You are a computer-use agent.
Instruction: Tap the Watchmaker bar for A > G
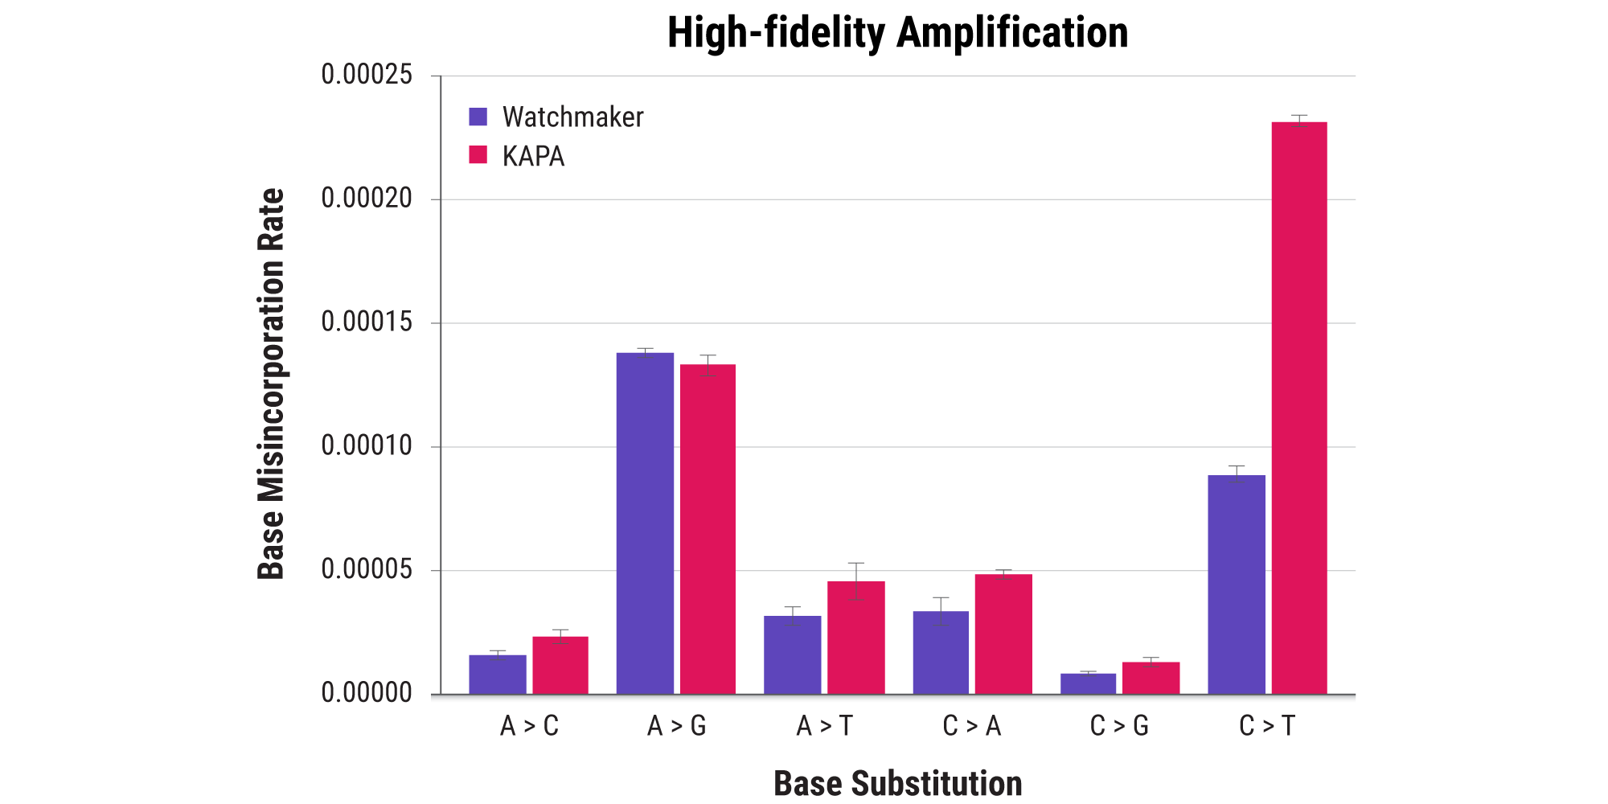click(645, 523)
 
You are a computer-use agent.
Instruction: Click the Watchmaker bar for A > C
click(498, 675)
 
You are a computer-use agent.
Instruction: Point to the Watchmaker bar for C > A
click(941, 653)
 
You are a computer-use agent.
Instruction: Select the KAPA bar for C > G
click(1151, 678)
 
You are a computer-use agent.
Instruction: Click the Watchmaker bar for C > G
click(1088, 683)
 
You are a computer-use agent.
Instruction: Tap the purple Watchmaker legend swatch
click(478, 117)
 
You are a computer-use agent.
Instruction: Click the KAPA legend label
click(533, 156)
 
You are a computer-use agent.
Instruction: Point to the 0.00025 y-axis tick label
click(367, 75)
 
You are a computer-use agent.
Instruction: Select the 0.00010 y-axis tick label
click(367, 446)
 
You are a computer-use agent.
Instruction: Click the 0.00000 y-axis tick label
click(367, 693)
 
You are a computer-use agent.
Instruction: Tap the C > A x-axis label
click(972, 726)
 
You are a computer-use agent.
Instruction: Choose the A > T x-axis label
click(824, 726)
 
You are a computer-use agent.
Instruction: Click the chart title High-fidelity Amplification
click(897, 33)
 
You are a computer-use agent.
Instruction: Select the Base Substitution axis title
click(897, 783)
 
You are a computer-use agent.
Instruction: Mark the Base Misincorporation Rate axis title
click(271, 384)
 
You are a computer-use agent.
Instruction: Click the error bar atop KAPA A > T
click(856, 580)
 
